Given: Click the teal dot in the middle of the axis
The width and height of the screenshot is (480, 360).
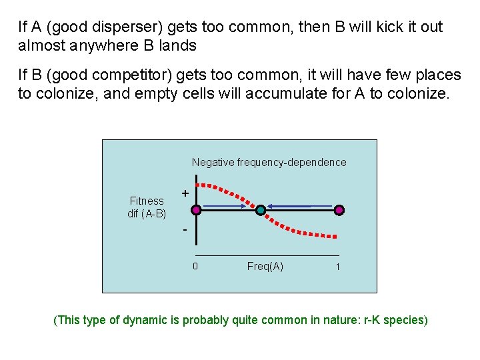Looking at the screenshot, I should click(261, 210).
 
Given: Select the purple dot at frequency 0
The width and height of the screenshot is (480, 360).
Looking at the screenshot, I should click(196, 210).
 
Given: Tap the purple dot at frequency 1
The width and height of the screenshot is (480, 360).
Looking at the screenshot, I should click(339, 210).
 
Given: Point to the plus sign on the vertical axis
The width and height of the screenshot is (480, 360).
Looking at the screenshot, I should click(185, 193).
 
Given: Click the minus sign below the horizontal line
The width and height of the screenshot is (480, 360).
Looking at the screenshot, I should click(185, 230).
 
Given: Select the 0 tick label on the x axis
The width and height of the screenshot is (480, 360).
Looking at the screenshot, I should click(195, 267).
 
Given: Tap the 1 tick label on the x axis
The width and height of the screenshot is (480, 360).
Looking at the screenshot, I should click(337, 267).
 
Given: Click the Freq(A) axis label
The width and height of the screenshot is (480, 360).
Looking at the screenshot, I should click(265, 267).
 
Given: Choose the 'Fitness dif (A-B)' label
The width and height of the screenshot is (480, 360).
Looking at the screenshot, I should click(147, 207).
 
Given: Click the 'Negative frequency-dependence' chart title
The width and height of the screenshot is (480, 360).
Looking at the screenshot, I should click(269, 162).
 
